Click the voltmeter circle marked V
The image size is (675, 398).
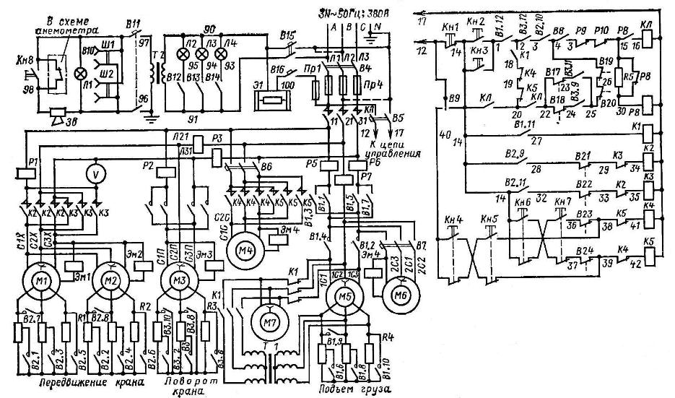pos(92,173)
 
